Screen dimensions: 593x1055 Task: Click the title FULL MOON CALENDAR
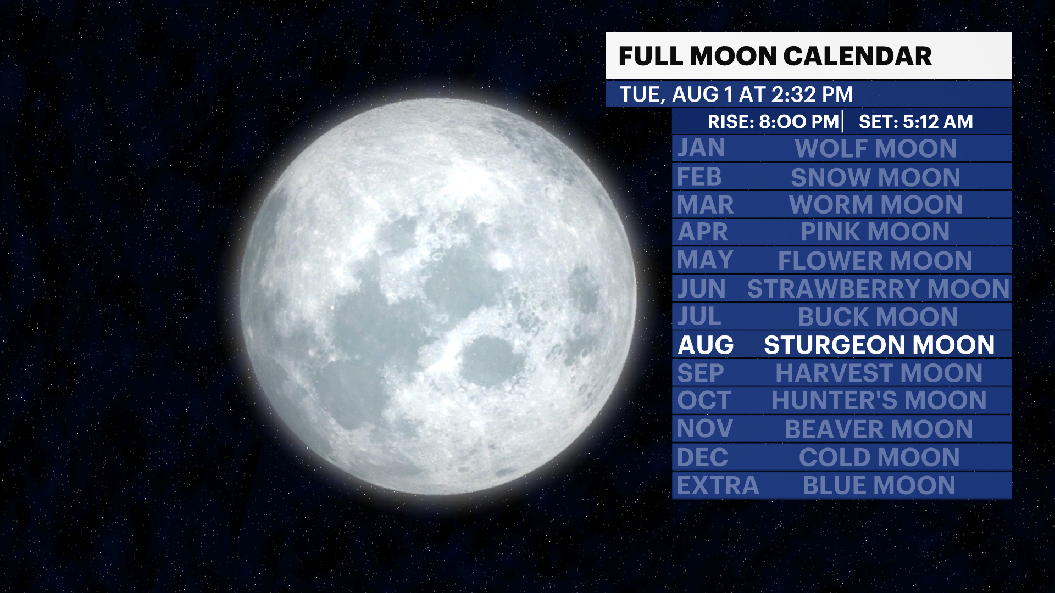[775, 56]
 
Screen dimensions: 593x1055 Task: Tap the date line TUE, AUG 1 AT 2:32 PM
[736, 94]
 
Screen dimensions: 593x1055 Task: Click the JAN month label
[701, 148]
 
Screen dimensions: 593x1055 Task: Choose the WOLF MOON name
[876, 149]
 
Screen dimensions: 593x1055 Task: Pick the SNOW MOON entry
[875, 177]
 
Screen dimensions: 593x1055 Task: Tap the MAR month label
[705, 205]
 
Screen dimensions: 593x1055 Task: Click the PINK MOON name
[875, 232]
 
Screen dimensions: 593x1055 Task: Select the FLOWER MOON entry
[875, 261]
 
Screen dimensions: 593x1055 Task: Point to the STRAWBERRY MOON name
[878, 289]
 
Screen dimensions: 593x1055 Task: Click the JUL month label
[699, 317]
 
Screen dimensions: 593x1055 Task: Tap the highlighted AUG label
[706, 345]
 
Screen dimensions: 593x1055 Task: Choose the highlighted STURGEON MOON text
[879, 345]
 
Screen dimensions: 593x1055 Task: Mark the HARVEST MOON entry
[879, 373]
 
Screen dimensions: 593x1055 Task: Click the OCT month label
[704, 400]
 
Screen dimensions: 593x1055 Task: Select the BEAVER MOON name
[879, 429]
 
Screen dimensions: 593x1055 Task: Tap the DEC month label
[702, 457]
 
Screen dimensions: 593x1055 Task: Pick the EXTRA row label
[717, 486]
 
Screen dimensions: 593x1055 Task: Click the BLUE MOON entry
[879, 486]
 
